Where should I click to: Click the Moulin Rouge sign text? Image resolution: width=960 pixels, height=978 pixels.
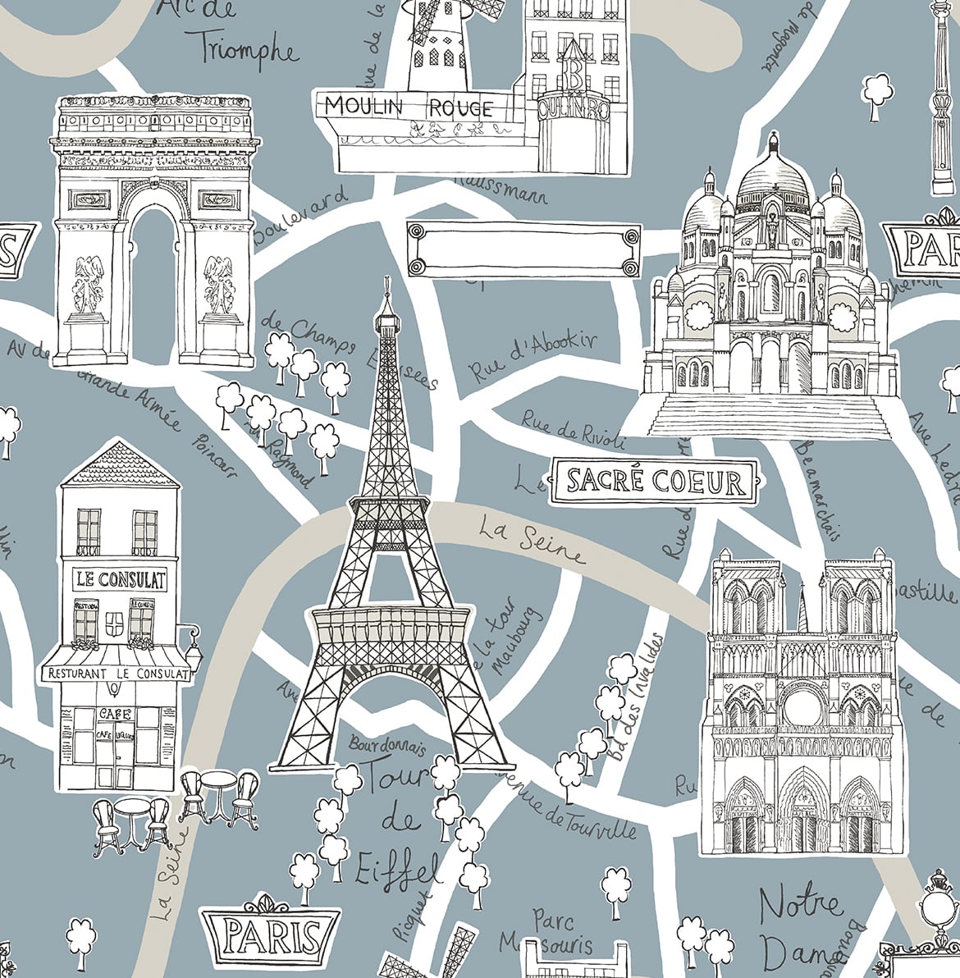(409, 107)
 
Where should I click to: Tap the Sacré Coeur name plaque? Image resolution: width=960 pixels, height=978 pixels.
(655, 480)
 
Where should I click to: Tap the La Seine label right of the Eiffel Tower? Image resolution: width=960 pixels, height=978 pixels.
(532, 539)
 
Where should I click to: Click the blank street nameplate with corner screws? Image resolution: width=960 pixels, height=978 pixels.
(523, 246)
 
